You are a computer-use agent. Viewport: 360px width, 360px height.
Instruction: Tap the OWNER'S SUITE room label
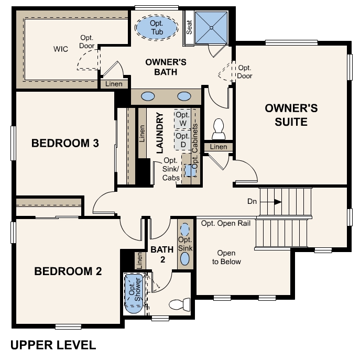pos(291,115)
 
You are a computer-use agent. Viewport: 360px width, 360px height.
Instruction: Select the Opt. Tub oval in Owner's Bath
pos(157,27)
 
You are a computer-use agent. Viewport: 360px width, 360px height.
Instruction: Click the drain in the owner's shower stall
pos(211,27)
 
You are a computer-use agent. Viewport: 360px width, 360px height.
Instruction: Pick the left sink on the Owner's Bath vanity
pos(148,96)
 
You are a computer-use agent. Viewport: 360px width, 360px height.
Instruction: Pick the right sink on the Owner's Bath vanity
pos(184,96)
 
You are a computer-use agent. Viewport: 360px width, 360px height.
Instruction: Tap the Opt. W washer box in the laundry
pos(182,119)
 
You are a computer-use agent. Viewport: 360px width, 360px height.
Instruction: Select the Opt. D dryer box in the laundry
pos(182,140)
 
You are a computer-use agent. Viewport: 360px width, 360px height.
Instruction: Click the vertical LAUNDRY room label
pos(160,132)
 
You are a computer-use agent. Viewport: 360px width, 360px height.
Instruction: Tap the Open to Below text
pos(226,257)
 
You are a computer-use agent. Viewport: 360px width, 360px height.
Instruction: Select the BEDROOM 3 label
pos(65,143)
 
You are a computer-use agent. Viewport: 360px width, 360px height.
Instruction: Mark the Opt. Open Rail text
pos(226,223)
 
